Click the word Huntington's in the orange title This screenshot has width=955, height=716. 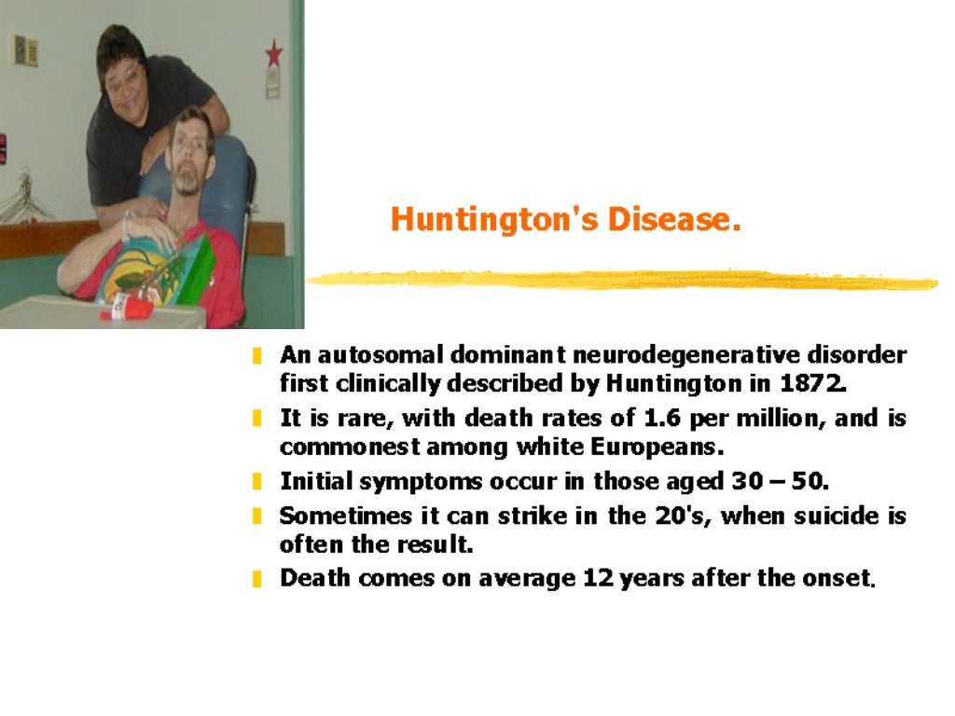coord(495,220)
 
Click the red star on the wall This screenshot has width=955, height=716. coord(273,53)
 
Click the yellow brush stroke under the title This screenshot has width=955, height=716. coord(620,279)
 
